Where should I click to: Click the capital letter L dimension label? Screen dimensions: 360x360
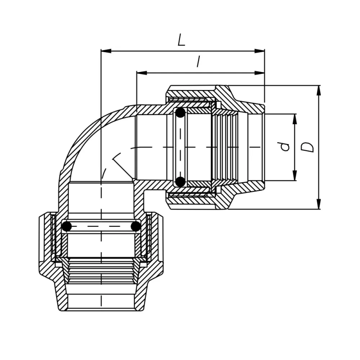tap(181, 40)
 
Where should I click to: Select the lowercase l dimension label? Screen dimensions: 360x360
tap(198, 62)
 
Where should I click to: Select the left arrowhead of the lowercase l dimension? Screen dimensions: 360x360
tap(141, 72)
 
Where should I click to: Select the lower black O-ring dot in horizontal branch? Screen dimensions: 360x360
tap(180, 181)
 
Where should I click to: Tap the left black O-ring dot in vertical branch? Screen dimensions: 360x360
tap(67, 226)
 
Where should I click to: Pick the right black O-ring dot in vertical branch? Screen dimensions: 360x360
tap(135, 226)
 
